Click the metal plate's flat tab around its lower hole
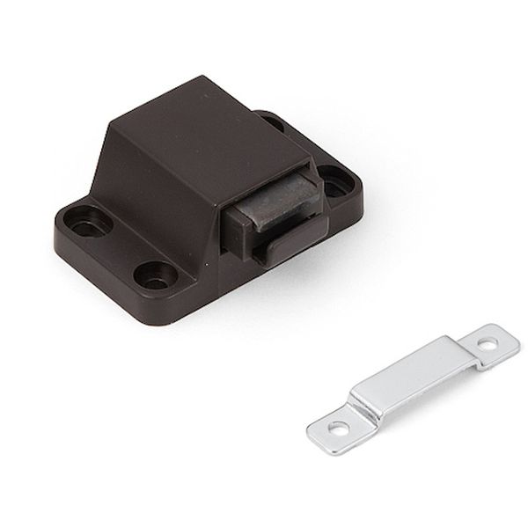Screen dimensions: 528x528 (x=332, y=429)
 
